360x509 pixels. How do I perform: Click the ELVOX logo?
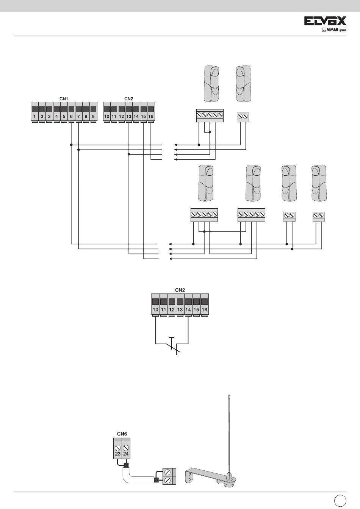(325, 22)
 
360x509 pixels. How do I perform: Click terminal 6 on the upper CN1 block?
(71, 112)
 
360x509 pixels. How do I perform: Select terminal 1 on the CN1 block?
(34, 112)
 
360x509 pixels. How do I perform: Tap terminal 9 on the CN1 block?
(93, 112)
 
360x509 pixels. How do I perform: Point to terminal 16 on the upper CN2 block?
(151, 112)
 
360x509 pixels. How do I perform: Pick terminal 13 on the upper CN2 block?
(129, 112)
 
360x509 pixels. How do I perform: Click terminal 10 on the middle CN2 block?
(155, 305)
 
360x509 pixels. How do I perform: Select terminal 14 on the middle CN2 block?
(188, 305)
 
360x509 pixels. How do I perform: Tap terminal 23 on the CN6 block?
(118, 448)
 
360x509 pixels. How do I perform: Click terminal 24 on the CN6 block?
(126, 448)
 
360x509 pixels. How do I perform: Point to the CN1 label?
(64, 99)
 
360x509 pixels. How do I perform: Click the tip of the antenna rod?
(229, 396)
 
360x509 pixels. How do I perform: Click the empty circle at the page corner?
(339, 500)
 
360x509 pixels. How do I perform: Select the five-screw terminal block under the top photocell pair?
(209, 116)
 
